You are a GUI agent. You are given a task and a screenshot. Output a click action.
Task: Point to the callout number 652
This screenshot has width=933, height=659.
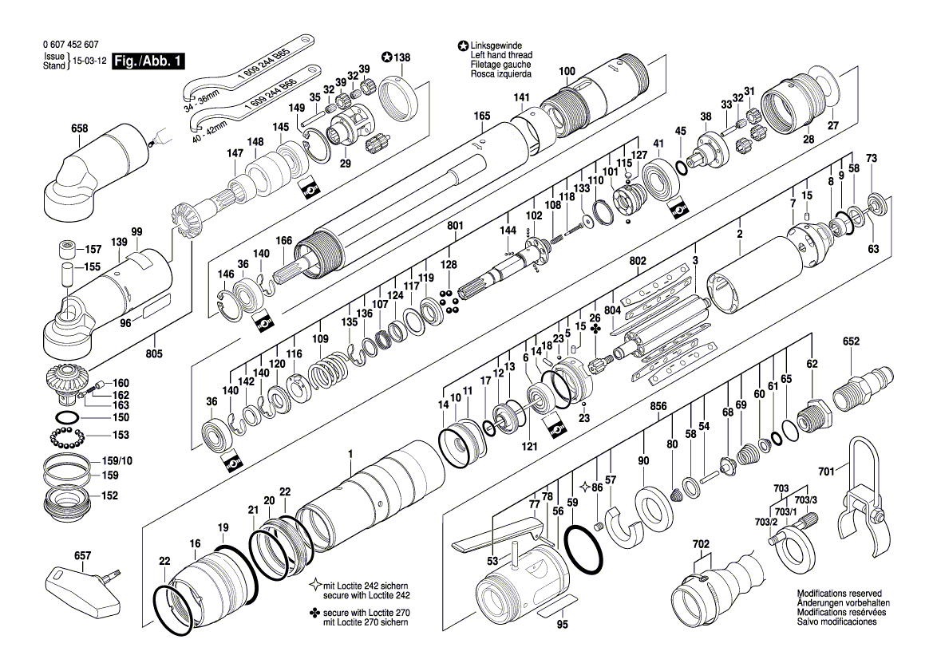851,341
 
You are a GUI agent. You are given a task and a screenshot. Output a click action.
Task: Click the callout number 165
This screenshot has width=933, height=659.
481,116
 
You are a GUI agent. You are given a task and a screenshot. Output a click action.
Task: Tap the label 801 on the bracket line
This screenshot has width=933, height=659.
456,226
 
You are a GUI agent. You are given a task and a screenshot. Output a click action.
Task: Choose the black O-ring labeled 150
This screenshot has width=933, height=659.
68,418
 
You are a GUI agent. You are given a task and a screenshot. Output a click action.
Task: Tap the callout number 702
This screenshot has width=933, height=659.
701,544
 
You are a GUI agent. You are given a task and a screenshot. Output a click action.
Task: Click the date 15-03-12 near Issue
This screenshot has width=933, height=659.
89,61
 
